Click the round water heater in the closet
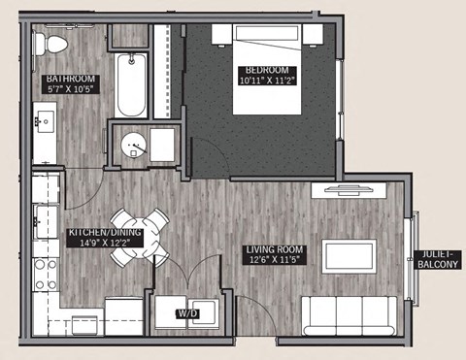tap(134, 147)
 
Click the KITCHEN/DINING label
tap(105, 234)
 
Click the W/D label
tap(185, 314)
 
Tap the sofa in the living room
tap(348, 314)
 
